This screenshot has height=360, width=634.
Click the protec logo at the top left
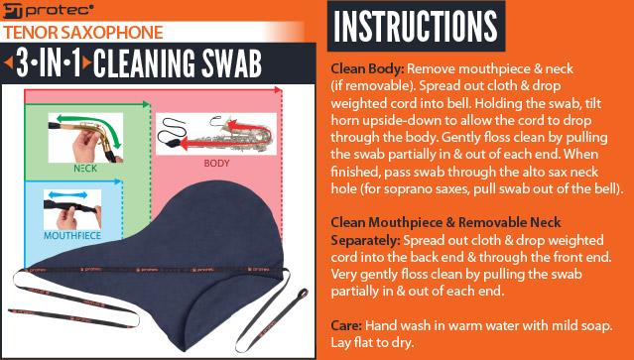coord(39,11)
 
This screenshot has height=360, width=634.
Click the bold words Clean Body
coord(361,71)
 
